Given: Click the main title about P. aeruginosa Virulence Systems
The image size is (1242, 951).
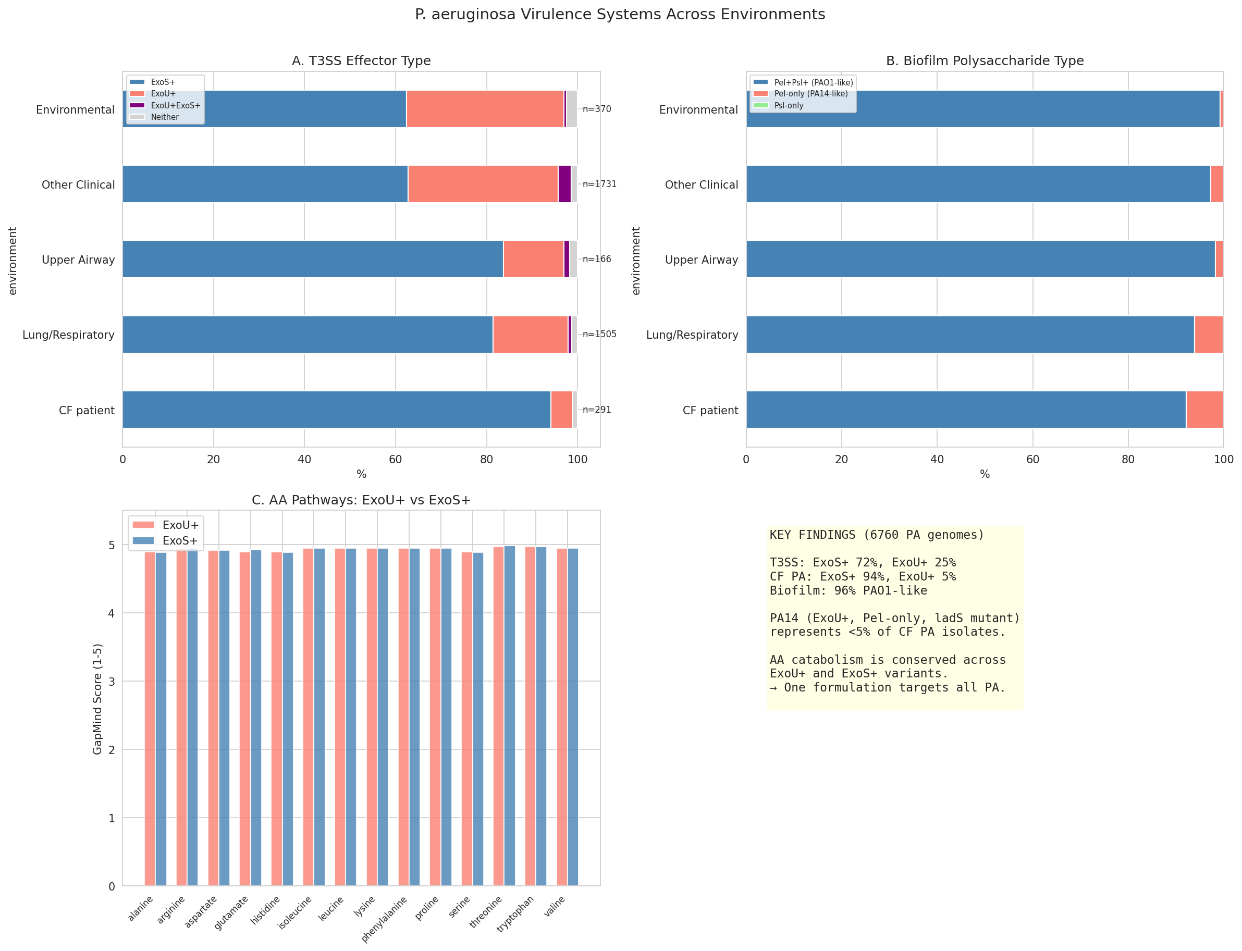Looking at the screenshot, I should pos(620,15).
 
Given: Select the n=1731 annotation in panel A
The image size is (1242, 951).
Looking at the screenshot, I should pos(599,184).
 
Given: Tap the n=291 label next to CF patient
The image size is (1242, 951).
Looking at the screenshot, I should pos(597,409).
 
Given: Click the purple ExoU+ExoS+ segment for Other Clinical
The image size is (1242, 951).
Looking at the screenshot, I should pos(564,184).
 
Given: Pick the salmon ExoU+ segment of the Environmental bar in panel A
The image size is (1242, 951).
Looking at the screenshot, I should pos(485,109).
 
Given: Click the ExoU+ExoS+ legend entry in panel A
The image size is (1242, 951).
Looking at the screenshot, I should pos(175,106).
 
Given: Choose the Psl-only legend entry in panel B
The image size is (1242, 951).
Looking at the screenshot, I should pos(789,106).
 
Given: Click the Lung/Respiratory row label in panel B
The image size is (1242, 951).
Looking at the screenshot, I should pos(692,335).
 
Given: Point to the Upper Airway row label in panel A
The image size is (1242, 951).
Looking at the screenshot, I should pos(78,260).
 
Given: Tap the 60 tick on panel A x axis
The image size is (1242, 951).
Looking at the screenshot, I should pos(395,460).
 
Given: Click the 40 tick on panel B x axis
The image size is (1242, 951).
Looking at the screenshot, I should pos(937,460).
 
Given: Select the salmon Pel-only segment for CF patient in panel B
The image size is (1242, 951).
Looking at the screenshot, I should pos(1204,409).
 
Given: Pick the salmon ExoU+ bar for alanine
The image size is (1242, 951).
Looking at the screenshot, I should pos(150,719).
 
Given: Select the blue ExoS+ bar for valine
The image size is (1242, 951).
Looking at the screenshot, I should pos(573,717).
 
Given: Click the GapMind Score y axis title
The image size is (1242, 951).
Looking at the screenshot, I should pos(97,699).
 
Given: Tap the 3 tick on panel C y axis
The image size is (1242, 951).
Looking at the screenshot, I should pos(112,682).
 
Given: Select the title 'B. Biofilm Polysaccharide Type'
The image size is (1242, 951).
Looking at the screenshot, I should pos(985,60).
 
